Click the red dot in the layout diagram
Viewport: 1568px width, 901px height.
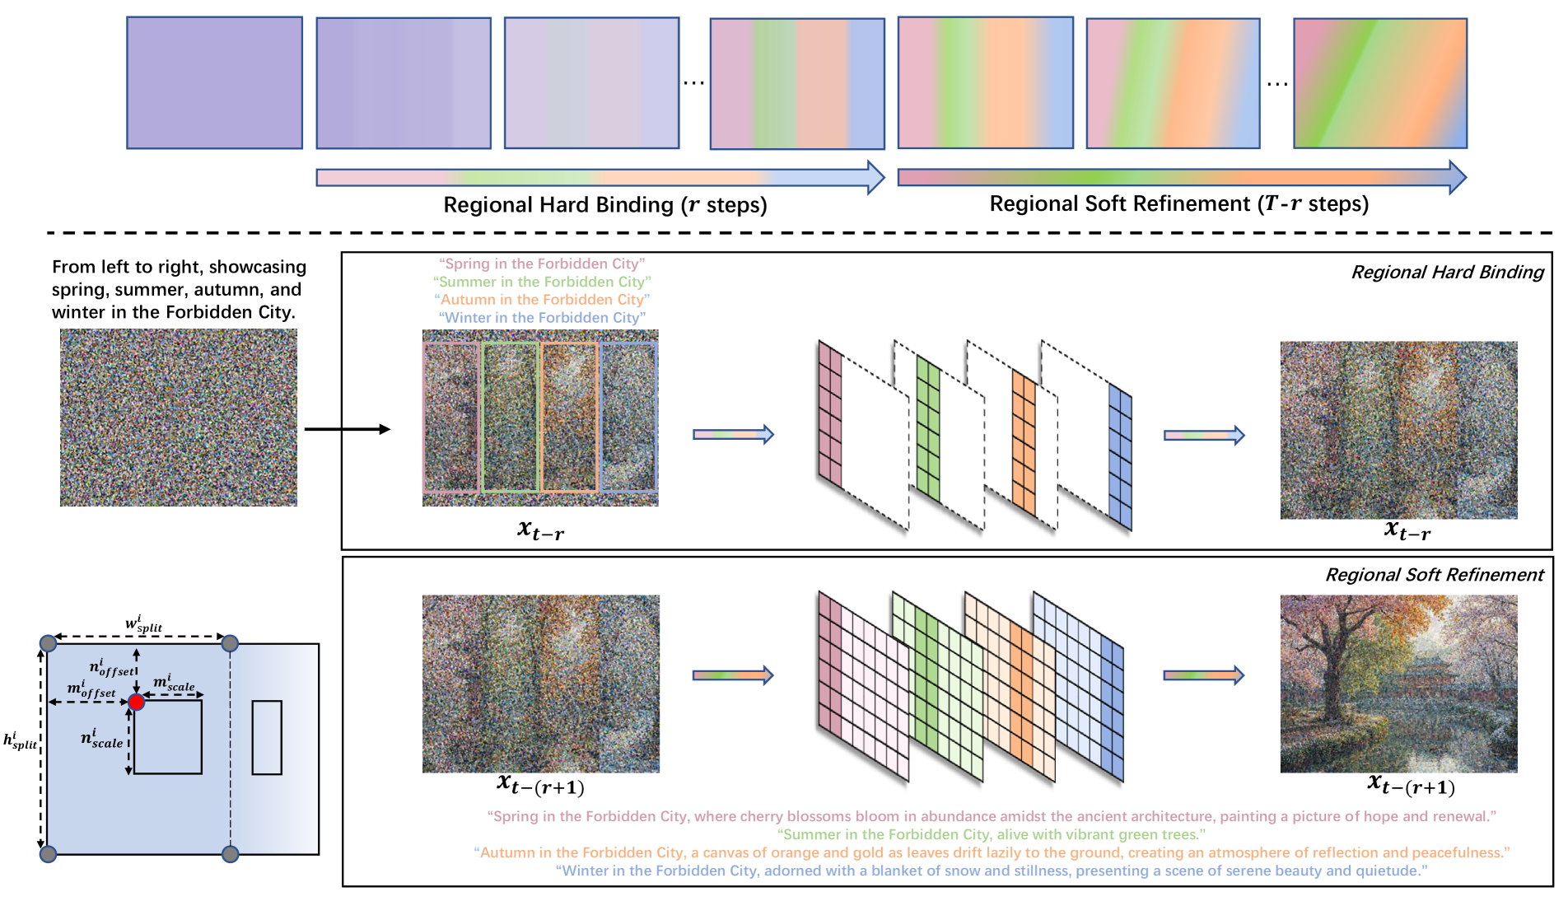click(137, 702)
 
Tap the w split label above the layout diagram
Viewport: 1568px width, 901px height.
click(143, 624)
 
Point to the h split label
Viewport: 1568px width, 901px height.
click(20, 740)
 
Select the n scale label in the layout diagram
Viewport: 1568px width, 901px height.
click(101, 738)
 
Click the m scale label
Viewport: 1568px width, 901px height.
click(174, 683)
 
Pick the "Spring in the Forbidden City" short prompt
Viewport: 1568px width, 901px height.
click(542, 264)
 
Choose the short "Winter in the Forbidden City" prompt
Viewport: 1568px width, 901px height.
click(542, 318)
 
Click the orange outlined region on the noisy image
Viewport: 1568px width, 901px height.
click(569, 417)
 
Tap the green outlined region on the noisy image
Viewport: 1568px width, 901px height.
click(510, 417)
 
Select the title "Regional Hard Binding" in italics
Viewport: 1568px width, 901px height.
click(1447, 273)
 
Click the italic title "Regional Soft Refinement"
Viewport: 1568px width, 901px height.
click(1434, 575)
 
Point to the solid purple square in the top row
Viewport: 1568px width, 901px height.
click(214, 82)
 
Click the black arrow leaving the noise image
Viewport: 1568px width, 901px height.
click(347, 429)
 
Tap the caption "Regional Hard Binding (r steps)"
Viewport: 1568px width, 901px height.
click(604, 205)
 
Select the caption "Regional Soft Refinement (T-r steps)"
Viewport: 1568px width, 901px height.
click(1178, 204)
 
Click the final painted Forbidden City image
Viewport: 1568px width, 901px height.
click(1398, 684)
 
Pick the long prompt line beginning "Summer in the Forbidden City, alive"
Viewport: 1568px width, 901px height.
click(992, 834)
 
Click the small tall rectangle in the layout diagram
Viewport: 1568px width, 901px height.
click(267, 737)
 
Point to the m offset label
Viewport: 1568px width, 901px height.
click(91, 689)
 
